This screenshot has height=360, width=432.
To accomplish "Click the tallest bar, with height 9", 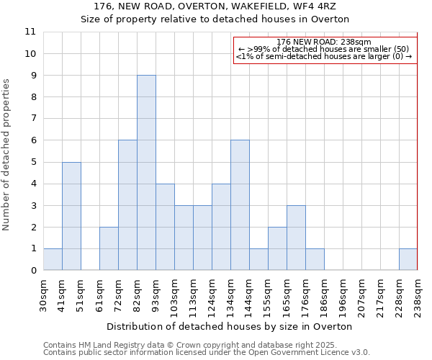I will (146, 173).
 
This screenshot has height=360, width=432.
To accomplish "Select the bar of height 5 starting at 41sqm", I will (71, 216).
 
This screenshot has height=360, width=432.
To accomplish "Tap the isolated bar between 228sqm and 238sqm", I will (408, 259).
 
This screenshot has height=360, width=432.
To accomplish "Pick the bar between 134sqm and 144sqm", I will (240, 205).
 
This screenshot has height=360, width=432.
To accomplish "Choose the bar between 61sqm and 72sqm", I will (109, 248).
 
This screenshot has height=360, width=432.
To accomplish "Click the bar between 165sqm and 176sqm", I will (296, 238).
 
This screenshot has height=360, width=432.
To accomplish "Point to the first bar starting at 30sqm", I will (53, 259).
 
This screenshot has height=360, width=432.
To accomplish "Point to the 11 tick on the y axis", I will (30, 32).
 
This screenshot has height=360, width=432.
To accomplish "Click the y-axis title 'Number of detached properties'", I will (7, 155).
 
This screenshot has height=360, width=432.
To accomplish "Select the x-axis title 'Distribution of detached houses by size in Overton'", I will (230, 326).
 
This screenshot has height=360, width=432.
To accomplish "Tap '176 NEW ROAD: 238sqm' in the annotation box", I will (324, 42).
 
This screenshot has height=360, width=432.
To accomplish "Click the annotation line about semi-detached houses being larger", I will (324, 56).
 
